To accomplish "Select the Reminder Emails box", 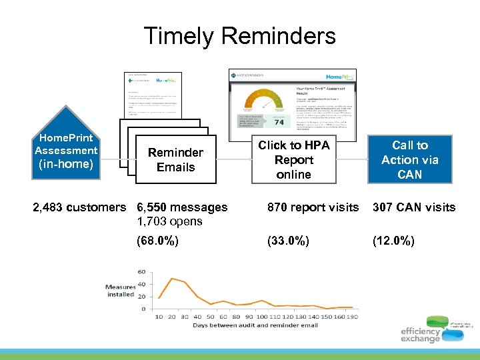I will [x=175, y=160].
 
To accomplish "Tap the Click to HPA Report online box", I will [x=293, y=160].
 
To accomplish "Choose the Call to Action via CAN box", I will [x=409, y=160].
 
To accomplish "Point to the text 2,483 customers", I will [x=79, y=207].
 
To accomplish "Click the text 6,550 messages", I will [x=181, y=207].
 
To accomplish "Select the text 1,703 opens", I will [x=169, y=221].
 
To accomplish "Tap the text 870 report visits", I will [x=313, y=207].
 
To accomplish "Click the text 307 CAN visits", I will [x=413, y=207].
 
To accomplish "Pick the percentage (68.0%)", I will [x=157, y=241].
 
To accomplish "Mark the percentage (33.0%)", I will [x=289, y=241].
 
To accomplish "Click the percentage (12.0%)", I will [x=393, y=241].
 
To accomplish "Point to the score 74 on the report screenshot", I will [x=279, y=122].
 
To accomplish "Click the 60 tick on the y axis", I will [x=141, y=271].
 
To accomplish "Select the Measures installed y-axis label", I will [x=120, y=291].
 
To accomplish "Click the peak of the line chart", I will [x=172, y=278].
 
